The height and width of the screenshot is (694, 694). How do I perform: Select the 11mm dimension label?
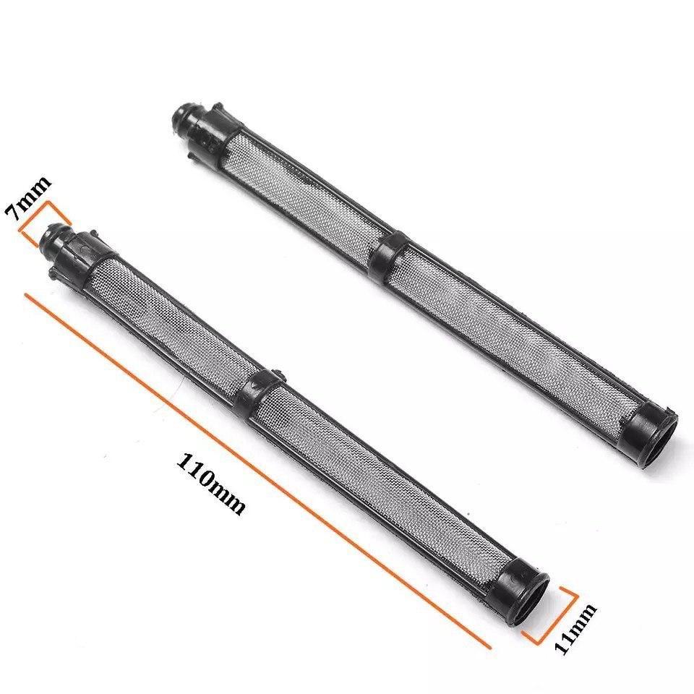[x=575, y=629]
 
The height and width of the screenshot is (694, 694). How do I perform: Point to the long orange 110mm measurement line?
[x=257, y=471]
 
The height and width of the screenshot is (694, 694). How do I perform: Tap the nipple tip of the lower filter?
[x=52, y=239]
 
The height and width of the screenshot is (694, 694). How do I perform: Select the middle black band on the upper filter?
[x=390, y=252]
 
